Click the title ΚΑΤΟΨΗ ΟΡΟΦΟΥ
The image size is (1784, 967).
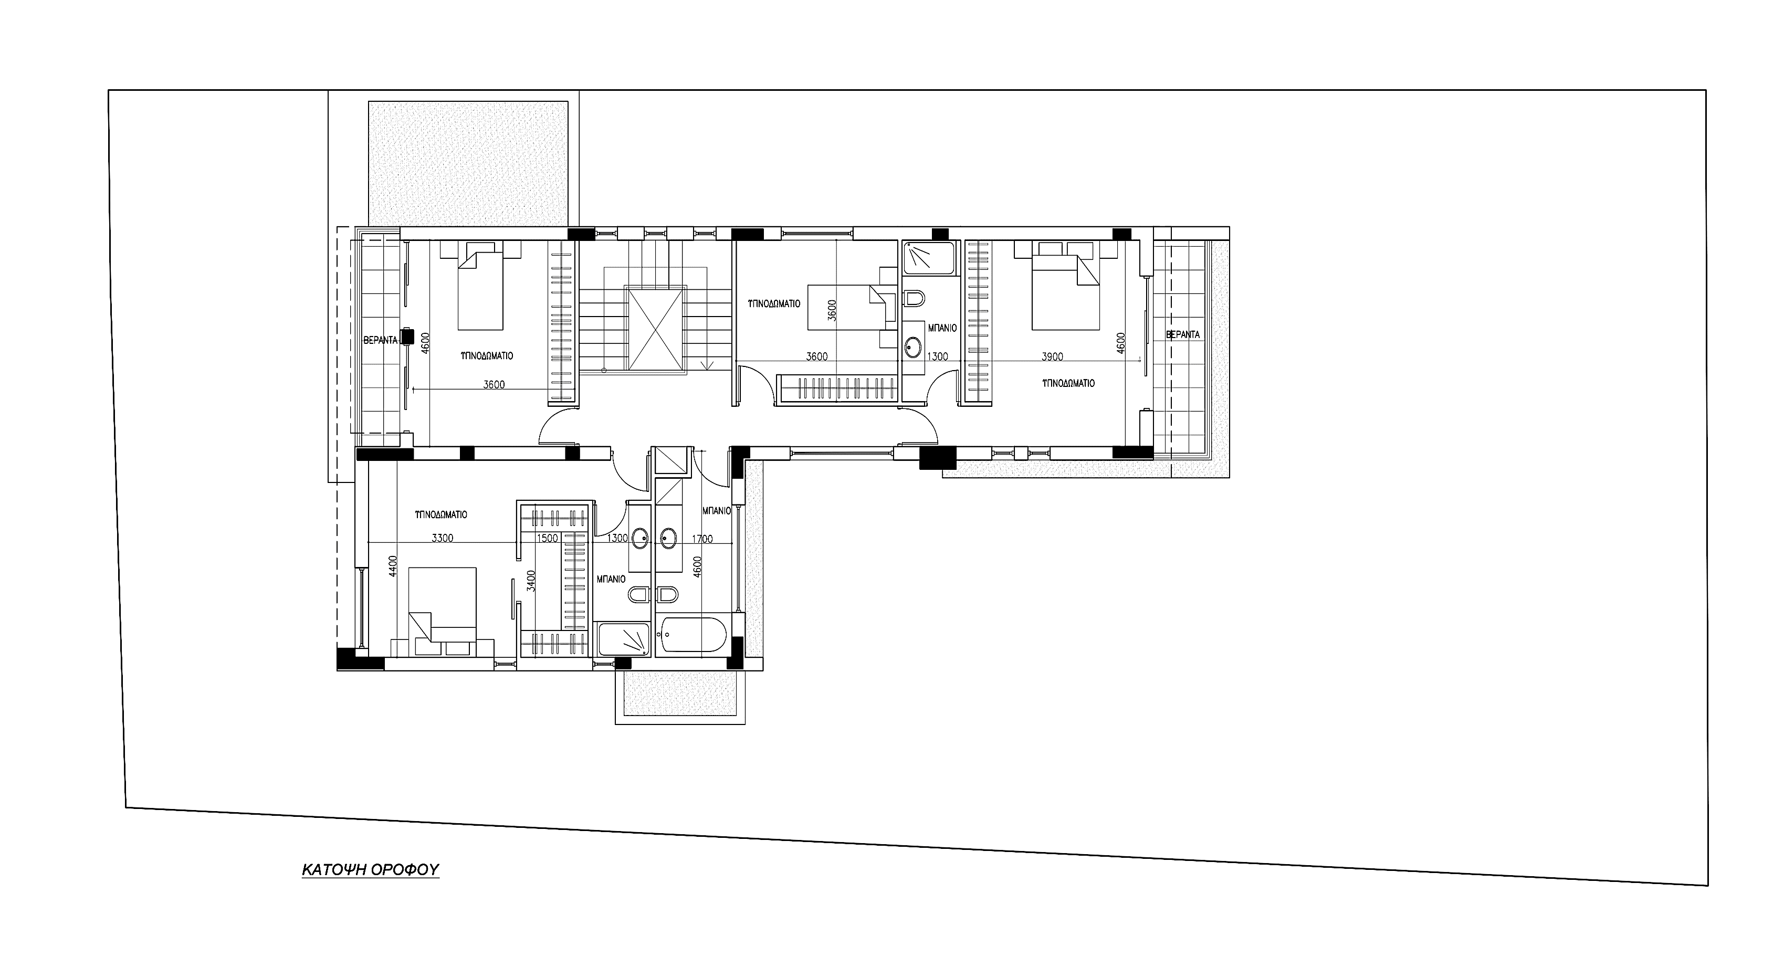pos(371,869)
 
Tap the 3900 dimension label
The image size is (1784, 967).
pos(1052,357)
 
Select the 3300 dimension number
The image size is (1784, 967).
pos(443,538)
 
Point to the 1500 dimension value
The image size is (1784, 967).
pos(547,538)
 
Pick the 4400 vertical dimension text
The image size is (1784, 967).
pos(393,566)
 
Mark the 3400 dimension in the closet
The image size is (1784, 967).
pos(531,581)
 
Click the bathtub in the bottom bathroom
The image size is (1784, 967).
pos(693,635)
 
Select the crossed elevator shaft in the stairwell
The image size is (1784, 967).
pos(655,330)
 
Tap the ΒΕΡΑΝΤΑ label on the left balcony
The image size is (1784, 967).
pos(381,340)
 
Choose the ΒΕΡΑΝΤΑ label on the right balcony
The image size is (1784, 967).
pos(1183,334)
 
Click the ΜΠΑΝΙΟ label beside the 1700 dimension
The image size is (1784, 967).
pos(717,510)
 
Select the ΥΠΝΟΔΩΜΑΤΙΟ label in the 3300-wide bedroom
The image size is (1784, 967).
pos(441,514)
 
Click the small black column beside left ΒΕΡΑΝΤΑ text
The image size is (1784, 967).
pos(406,337)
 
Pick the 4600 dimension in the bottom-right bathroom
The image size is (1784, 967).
pos(697,567)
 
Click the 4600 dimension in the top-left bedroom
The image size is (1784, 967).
pos(425,343)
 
